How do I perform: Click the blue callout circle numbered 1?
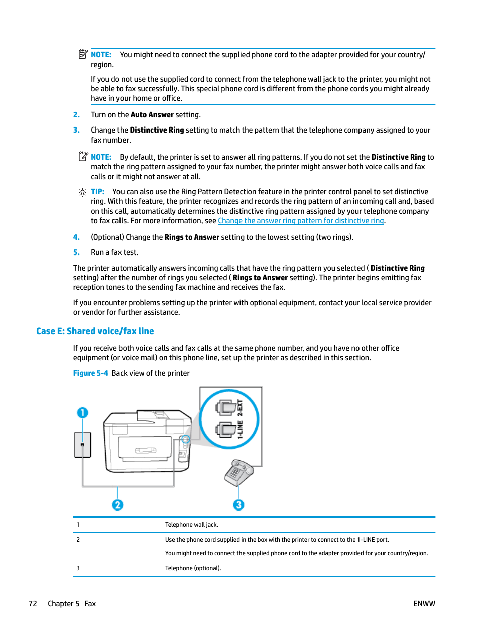tap(82, 413)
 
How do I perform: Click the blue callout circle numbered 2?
tap(117, 505)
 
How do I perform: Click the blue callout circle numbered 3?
tap(238, 505)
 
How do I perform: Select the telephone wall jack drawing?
tap(83, 444)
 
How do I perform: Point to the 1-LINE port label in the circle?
tap(240, 430)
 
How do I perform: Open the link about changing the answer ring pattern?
tap(301, 221)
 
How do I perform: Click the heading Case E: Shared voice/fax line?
tap(95, 331)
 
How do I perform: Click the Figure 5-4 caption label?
tap(90, 373)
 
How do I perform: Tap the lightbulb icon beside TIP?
tap(82, 192)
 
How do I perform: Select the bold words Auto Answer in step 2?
tap(152, 115)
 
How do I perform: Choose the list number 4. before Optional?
tap(76, 237)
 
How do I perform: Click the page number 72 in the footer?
tap(33, 604)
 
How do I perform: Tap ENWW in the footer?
tap(424, 604)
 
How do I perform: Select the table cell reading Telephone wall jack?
tap(192, 525)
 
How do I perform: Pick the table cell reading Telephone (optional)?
tap(193, 568)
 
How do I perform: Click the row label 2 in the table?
tap(78, 540)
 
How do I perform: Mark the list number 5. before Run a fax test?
tap(76, 252)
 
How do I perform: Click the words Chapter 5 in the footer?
tap(63, 604)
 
